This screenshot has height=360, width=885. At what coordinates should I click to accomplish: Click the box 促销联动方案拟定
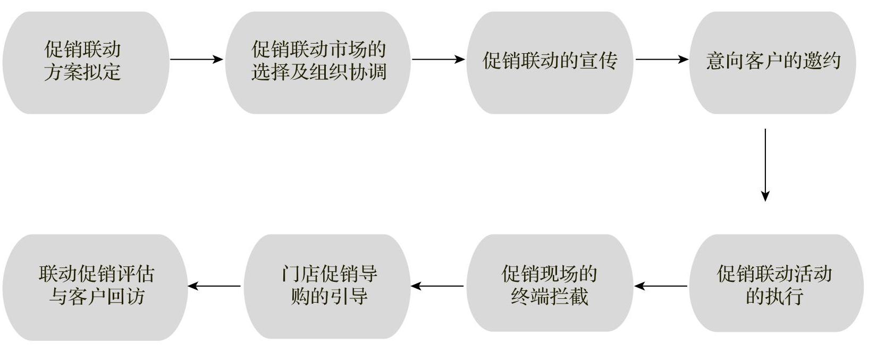coord(85,62)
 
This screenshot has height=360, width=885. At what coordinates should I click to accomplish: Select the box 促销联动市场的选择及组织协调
coord(318,62)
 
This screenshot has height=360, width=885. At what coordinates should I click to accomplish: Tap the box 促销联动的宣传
coord(549,62)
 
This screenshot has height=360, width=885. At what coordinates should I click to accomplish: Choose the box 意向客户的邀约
coord(772,62)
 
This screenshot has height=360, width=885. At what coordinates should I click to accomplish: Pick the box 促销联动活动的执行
coord(775,283)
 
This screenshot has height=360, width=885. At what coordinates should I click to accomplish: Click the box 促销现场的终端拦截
coord(549,283)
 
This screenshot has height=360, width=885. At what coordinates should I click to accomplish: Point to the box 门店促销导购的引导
coord(327,286)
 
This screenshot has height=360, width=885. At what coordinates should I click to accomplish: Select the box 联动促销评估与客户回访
coord(96,287)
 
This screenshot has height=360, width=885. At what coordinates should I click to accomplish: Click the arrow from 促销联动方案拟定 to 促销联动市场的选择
coord(196,59)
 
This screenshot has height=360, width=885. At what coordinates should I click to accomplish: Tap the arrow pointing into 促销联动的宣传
coord(439,59)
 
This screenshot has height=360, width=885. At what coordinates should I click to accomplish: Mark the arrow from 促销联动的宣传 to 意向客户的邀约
coord(662,59)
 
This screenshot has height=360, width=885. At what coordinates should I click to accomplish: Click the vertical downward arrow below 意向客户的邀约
coord(765,165)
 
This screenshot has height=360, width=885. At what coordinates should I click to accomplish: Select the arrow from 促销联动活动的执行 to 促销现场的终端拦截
coord(661,286)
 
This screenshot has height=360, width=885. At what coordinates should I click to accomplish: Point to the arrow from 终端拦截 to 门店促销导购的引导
coord(437,286)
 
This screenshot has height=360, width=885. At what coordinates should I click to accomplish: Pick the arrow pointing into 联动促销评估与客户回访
coord(214,286)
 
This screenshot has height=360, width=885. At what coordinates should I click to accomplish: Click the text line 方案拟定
coord(82,72)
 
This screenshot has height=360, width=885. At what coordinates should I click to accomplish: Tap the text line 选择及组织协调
coord(318,72)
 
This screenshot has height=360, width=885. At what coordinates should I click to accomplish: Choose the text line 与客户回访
coord(97,297)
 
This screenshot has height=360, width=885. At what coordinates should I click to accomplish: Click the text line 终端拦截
coord(550,296)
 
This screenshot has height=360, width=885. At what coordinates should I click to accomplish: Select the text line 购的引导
coord(329,296)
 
